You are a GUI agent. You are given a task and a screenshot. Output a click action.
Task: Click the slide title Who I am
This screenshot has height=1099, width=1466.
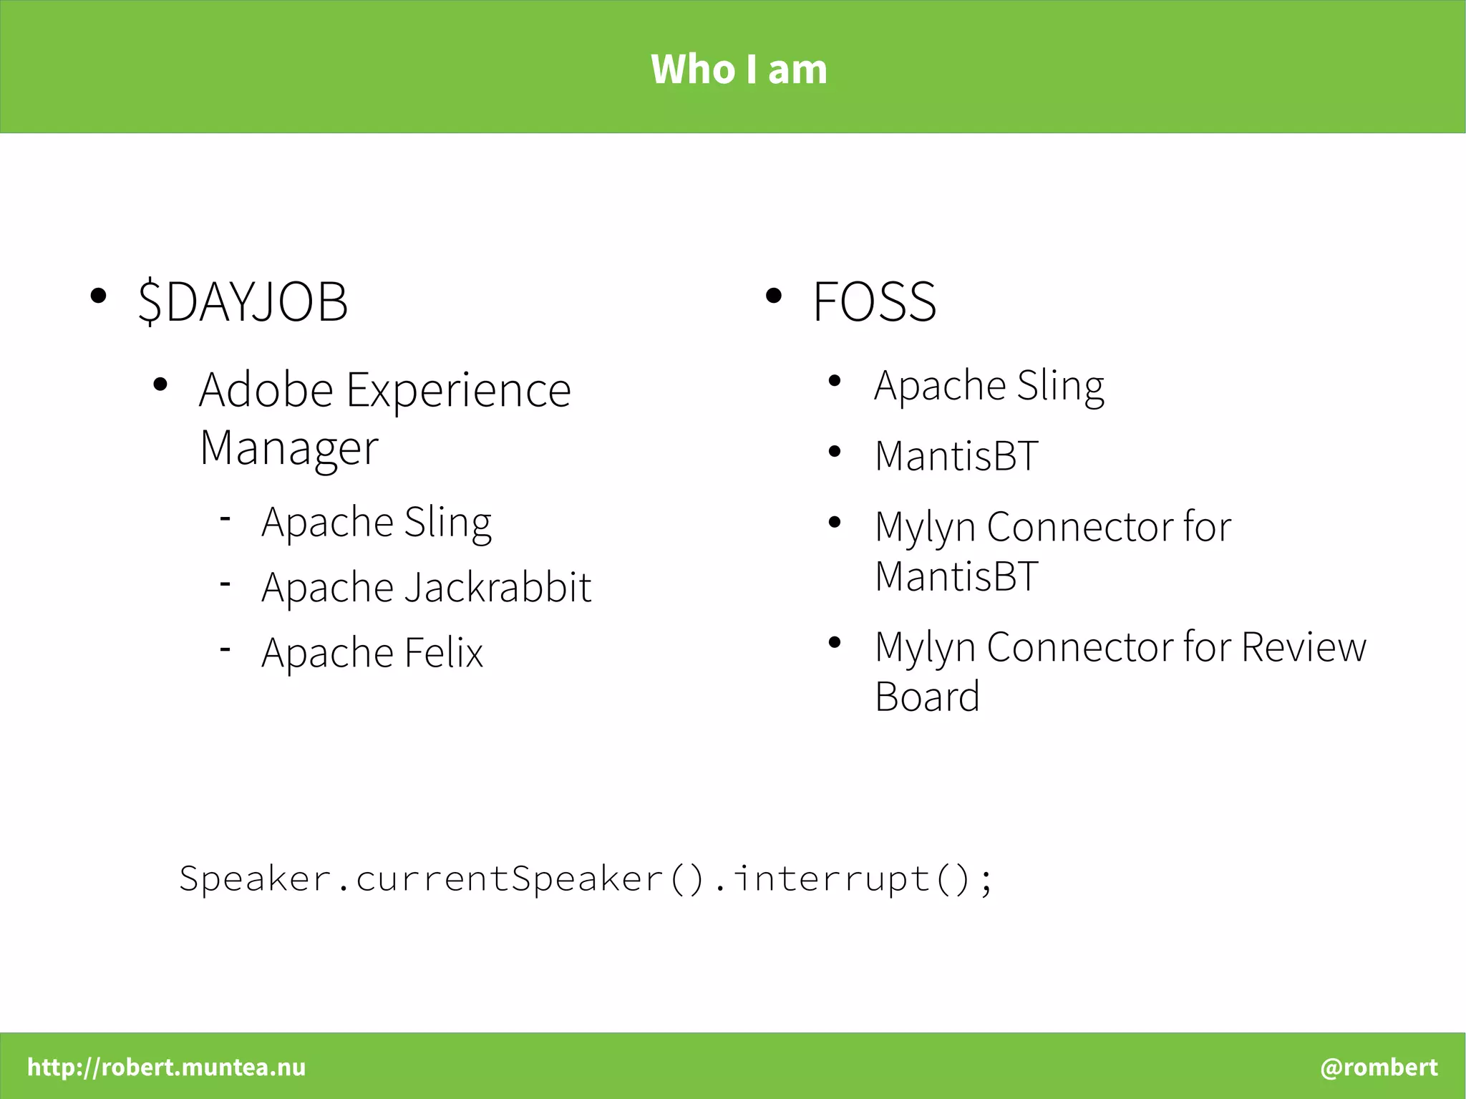pos(739,69)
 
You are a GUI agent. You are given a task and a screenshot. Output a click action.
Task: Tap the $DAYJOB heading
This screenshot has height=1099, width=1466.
pos(243,301)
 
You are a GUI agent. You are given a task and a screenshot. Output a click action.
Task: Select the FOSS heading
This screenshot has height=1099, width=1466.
pos(874,301)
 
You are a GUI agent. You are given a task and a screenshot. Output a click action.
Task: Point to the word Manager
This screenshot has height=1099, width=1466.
pos(288,449)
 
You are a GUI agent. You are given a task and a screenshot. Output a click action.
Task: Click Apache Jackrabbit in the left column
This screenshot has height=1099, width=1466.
pos(426,588)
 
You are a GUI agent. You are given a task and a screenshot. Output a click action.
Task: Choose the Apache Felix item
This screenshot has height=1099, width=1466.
pos(372,653)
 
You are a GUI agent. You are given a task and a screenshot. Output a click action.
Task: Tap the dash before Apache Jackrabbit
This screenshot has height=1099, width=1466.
pos(225,584)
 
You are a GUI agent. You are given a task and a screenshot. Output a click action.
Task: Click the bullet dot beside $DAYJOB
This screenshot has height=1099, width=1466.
pos(99,296)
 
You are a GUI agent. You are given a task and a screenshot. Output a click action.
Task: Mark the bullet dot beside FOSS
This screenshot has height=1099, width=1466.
pos(773,296)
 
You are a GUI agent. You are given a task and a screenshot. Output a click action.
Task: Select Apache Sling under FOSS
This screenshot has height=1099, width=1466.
pos(989,386)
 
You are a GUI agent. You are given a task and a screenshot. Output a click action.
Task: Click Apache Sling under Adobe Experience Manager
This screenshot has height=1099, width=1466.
pos(377,522)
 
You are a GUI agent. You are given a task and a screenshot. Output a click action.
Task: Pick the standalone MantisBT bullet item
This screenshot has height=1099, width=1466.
pos(956,456)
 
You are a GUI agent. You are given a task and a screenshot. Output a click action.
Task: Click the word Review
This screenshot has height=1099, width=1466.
pos(1304,647)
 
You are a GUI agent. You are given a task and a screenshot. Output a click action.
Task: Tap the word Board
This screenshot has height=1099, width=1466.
pos(927,697)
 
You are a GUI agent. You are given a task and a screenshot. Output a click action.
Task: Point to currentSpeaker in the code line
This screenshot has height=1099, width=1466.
pos(509,878)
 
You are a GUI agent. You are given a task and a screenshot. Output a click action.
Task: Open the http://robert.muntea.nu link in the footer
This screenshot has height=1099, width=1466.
pos(166,1067)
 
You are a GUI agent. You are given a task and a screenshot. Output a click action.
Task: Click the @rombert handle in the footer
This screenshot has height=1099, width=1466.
pos(1379,1067)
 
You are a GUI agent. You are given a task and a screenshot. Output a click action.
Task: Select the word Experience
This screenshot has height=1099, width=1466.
pos(458,390)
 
